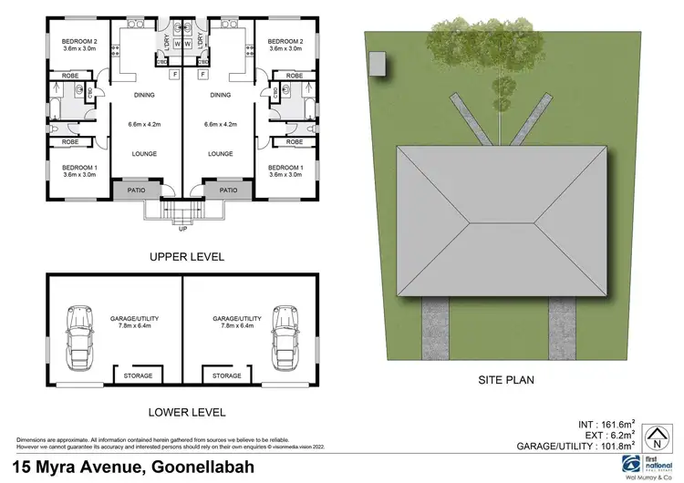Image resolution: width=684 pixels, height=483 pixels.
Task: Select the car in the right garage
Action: (285, 334)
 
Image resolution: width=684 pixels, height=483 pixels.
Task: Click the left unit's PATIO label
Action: (137, 190)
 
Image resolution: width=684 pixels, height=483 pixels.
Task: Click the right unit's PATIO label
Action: (227, 190)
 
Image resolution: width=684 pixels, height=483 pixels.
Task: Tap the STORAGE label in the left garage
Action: (137, 375)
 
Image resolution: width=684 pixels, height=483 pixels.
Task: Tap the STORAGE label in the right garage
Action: (226, 375)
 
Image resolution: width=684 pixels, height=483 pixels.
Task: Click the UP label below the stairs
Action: (182, 229)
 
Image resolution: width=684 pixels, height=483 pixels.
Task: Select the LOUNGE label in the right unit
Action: (220, 154)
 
